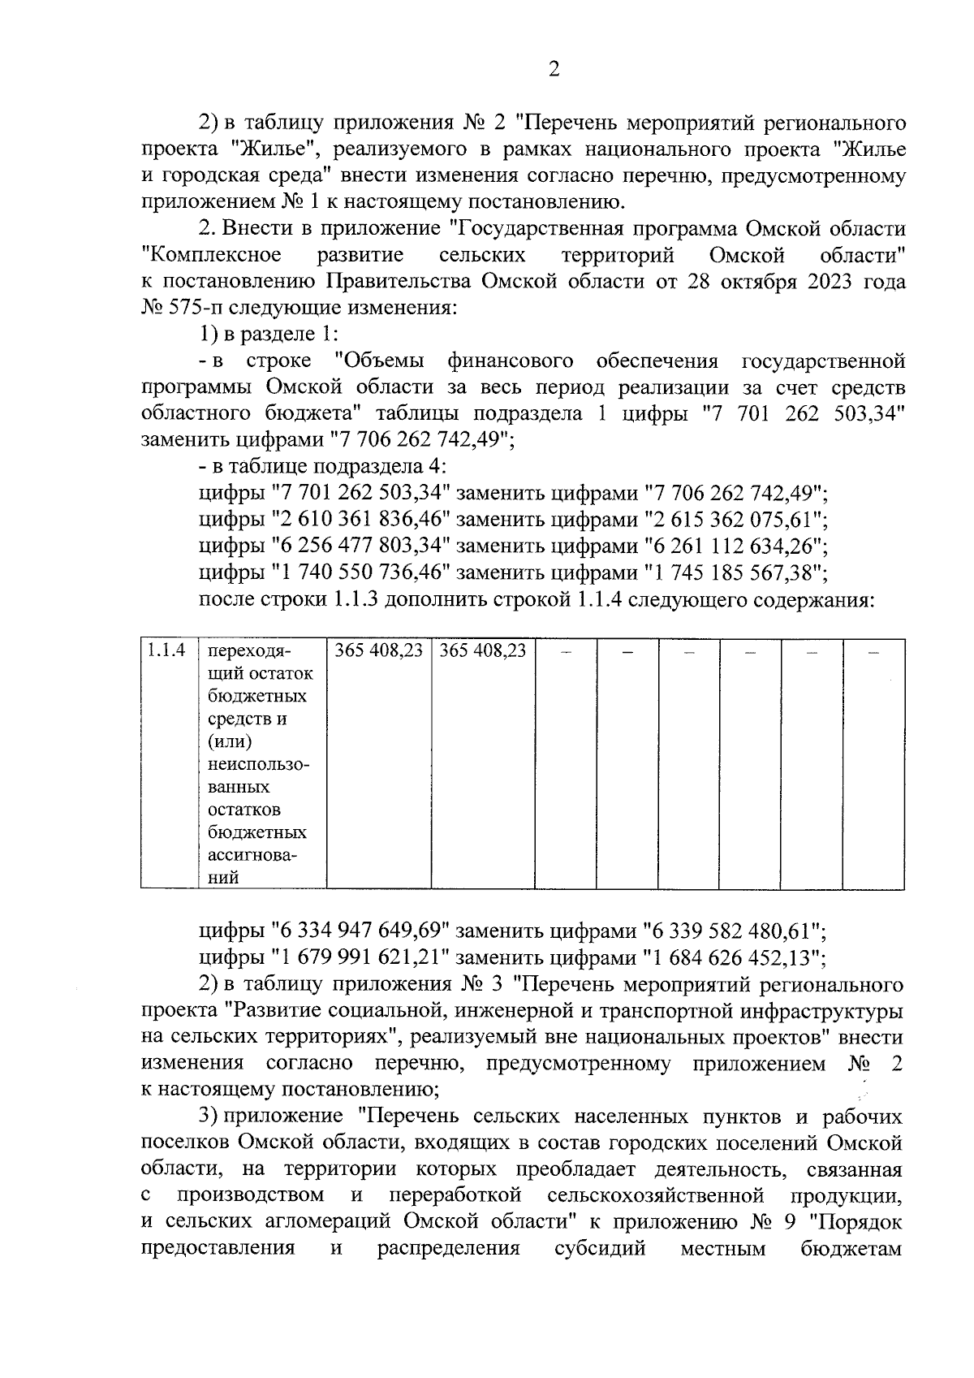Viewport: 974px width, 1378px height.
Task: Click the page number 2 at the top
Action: click(x=554, y=71)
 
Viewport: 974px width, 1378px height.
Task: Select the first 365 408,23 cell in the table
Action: click(x=378, y=651)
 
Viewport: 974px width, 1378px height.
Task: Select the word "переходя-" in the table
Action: click(x=249, y=651)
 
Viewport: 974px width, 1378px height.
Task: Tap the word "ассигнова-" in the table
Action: click(x=252, y=855)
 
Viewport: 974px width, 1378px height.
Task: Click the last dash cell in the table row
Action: click(x=874, y=651)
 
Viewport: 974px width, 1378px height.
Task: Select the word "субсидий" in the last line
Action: click(x=600, y=1248)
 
